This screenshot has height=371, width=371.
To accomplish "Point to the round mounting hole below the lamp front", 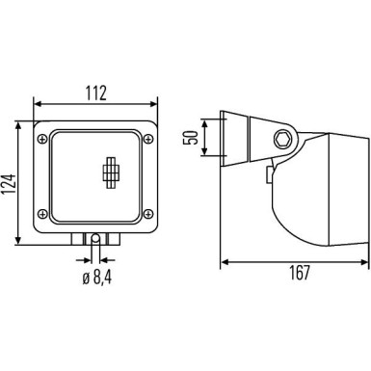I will [x=94, y=239].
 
